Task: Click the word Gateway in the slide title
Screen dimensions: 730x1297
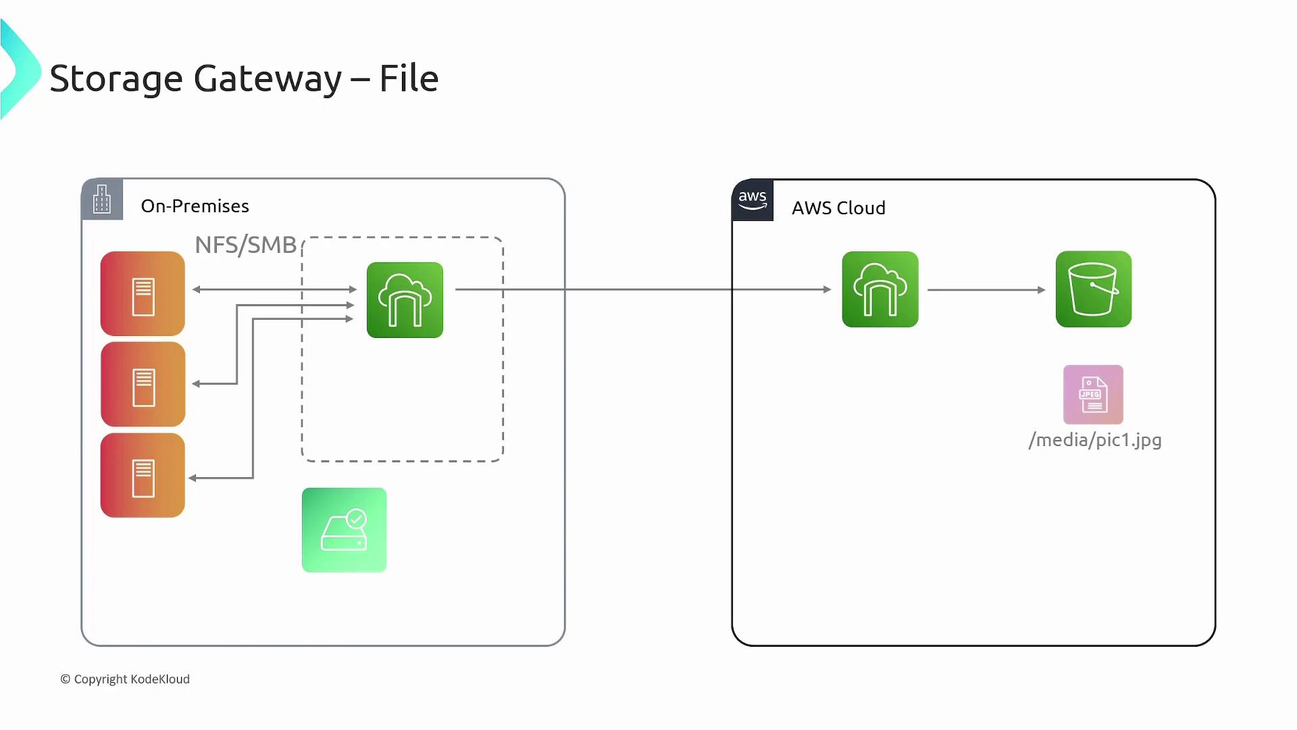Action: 268,79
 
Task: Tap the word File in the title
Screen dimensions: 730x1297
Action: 409,78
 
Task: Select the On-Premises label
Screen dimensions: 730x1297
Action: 195,206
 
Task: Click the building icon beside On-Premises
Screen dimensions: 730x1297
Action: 102,199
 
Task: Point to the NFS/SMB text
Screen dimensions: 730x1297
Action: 245,245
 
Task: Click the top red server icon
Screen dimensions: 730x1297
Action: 143,294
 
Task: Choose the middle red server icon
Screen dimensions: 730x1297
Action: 143,385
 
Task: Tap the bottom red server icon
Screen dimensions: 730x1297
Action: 143,476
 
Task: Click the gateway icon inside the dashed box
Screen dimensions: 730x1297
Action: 405,300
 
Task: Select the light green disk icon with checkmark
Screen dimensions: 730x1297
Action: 344,530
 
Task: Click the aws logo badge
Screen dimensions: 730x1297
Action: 753,200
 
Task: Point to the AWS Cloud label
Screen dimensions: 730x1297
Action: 838,208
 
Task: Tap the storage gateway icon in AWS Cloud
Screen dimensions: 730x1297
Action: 880,289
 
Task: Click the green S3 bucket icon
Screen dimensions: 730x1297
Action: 1093,289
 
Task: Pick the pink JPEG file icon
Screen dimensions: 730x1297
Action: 1093,395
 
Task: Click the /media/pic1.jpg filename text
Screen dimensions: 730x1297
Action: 1094,440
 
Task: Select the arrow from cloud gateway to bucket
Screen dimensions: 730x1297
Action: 986,290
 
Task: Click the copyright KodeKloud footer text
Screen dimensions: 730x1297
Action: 125,679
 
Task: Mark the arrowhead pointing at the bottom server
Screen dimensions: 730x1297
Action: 193,478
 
